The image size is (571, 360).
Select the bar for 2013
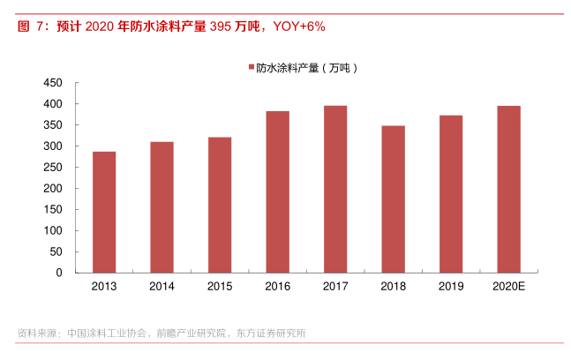pyautogui.click(x=104, y=212)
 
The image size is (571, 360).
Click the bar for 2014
pyautogui.click(x=162, y=206)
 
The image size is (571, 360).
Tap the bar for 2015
pyautogui.click(x=220, y=205)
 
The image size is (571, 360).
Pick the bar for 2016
pyautogui.click(x=277, y=191)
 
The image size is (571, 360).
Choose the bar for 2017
pyautogui.click(x=335, y=189)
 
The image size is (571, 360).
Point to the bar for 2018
pyautogui.click(x=393, y=199)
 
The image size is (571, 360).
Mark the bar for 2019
pyautogui.click(x=451, y=193)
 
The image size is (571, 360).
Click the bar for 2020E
pyautogui.click(x=508, y=189)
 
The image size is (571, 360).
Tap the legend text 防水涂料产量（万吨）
pyautogui.click(x=308, y=67)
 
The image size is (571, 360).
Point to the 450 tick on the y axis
pyautogui.click(x=52, y=83)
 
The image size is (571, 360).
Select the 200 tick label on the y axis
pyautogui.click(x=52, y=188)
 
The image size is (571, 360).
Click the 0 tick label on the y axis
pyautogui.click(x=58, y=273)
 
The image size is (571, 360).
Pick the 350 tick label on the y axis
pyautogui.click(x=52, y=125)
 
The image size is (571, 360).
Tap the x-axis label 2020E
pyautogui.click(x=508, y=287)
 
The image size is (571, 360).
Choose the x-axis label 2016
pyautogui.click(x=277, y=287)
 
